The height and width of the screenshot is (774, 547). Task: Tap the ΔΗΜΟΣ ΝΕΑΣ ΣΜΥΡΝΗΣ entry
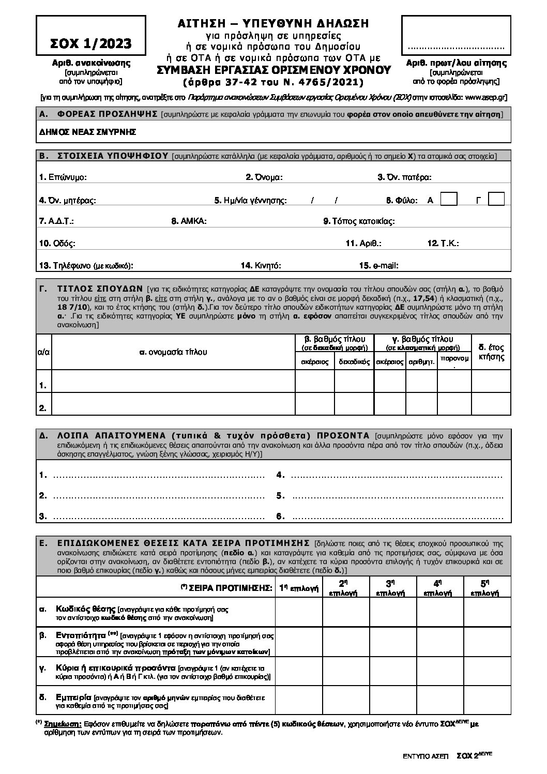87,132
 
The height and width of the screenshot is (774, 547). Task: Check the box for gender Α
448,199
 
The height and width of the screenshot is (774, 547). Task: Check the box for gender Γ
496,199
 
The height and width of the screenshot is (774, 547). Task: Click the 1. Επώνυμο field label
63,177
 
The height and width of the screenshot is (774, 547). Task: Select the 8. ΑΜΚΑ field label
189,221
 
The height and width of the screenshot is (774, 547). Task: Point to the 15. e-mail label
379,266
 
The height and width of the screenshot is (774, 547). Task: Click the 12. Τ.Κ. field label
443,244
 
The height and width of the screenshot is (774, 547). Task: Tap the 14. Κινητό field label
261,266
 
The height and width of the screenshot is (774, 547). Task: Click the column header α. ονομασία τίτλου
173,352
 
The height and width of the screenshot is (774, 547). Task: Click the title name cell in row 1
173,382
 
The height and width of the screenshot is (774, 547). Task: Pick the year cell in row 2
491,404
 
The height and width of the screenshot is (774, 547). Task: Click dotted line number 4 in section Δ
396,475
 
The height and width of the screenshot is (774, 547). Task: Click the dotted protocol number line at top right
455,48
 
